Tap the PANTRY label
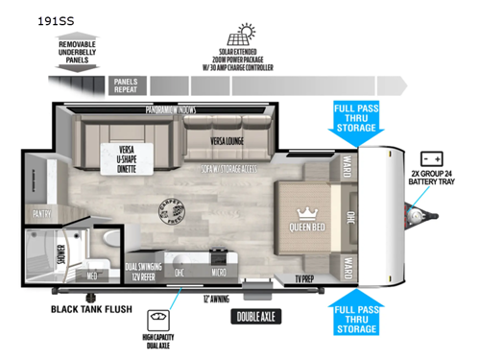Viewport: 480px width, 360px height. click(x=41, y=214)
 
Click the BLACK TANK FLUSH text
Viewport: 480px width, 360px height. click(x=91, y=310)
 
